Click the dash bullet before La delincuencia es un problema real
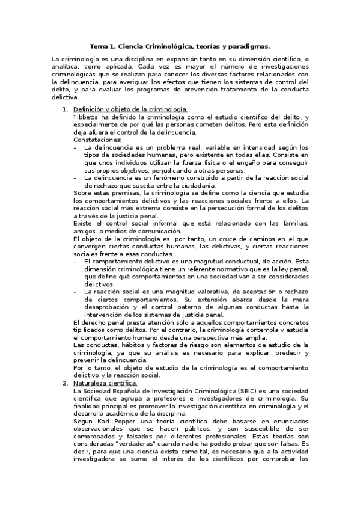[75, 147]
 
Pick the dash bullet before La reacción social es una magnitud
[75, 292]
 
